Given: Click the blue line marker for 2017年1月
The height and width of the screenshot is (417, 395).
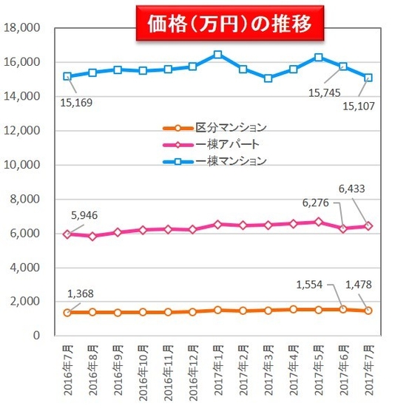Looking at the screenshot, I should coord(217,55).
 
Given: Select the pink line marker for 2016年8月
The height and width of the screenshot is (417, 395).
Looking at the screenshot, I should coord(92,237).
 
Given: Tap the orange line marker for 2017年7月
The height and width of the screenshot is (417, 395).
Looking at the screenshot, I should coord(368,311).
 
